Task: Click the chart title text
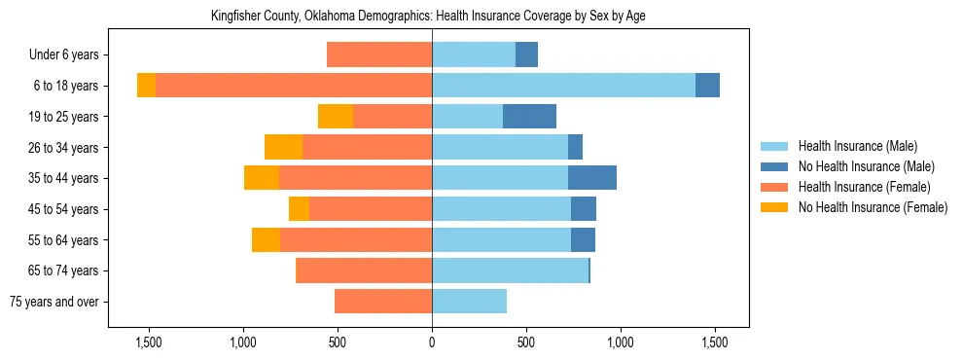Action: click(428, 17)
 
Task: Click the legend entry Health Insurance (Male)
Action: click(857, 146)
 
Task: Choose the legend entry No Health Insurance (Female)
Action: click(873, 207)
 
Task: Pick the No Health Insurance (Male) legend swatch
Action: click(773, 166)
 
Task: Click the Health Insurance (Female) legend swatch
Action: click(773, 187)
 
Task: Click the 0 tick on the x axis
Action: click(432, 343)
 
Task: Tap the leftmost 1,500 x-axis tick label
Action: click(149, 343)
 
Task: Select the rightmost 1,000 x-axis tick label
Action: click(621, 343)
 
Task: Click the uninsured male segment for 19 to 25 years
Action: click(529, 117)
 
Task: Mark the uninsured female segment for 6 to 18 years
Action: click(146, 86)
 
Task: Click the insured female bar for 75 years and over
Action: click(383, 302)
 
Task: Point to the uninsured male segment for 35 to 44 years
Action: click(591, 178)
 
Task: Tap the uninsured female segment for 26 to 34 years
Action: click(283, 147)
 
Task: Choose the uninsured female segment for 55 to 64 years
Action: click(266, 239)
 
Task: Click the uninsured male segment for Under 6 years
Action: click(526, 55)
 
